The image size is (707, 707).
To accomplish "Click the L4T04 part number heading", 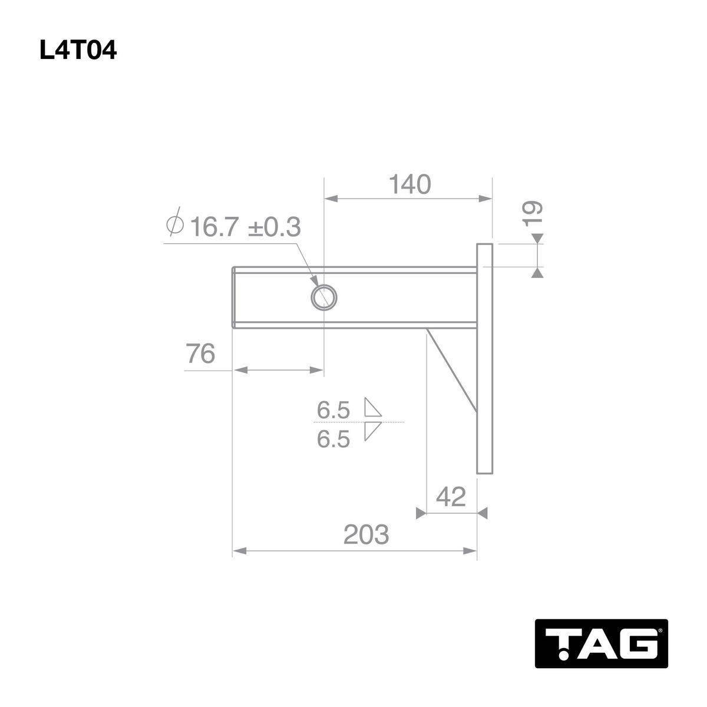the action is click(78, 50).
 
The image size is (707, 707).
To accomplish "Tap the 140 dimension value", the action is click(409, 184).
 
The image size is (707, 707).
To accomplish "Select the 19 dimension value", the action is click(533, 213).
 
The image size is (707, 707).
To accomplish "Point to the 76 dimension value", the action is click(200, 353).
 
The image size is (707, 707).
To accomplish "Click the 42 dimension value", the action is click(451, 497).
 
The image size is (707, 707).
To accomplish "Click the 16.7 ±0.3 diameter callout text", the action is click(246, 227).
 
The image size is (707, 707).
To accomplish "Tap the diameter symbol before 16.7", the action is click(174, 223).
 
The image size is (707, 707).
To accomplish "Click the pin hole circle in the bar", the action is click(323, 297).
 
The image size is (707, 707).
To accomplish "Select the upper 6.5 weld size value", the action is click(333, 410).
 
